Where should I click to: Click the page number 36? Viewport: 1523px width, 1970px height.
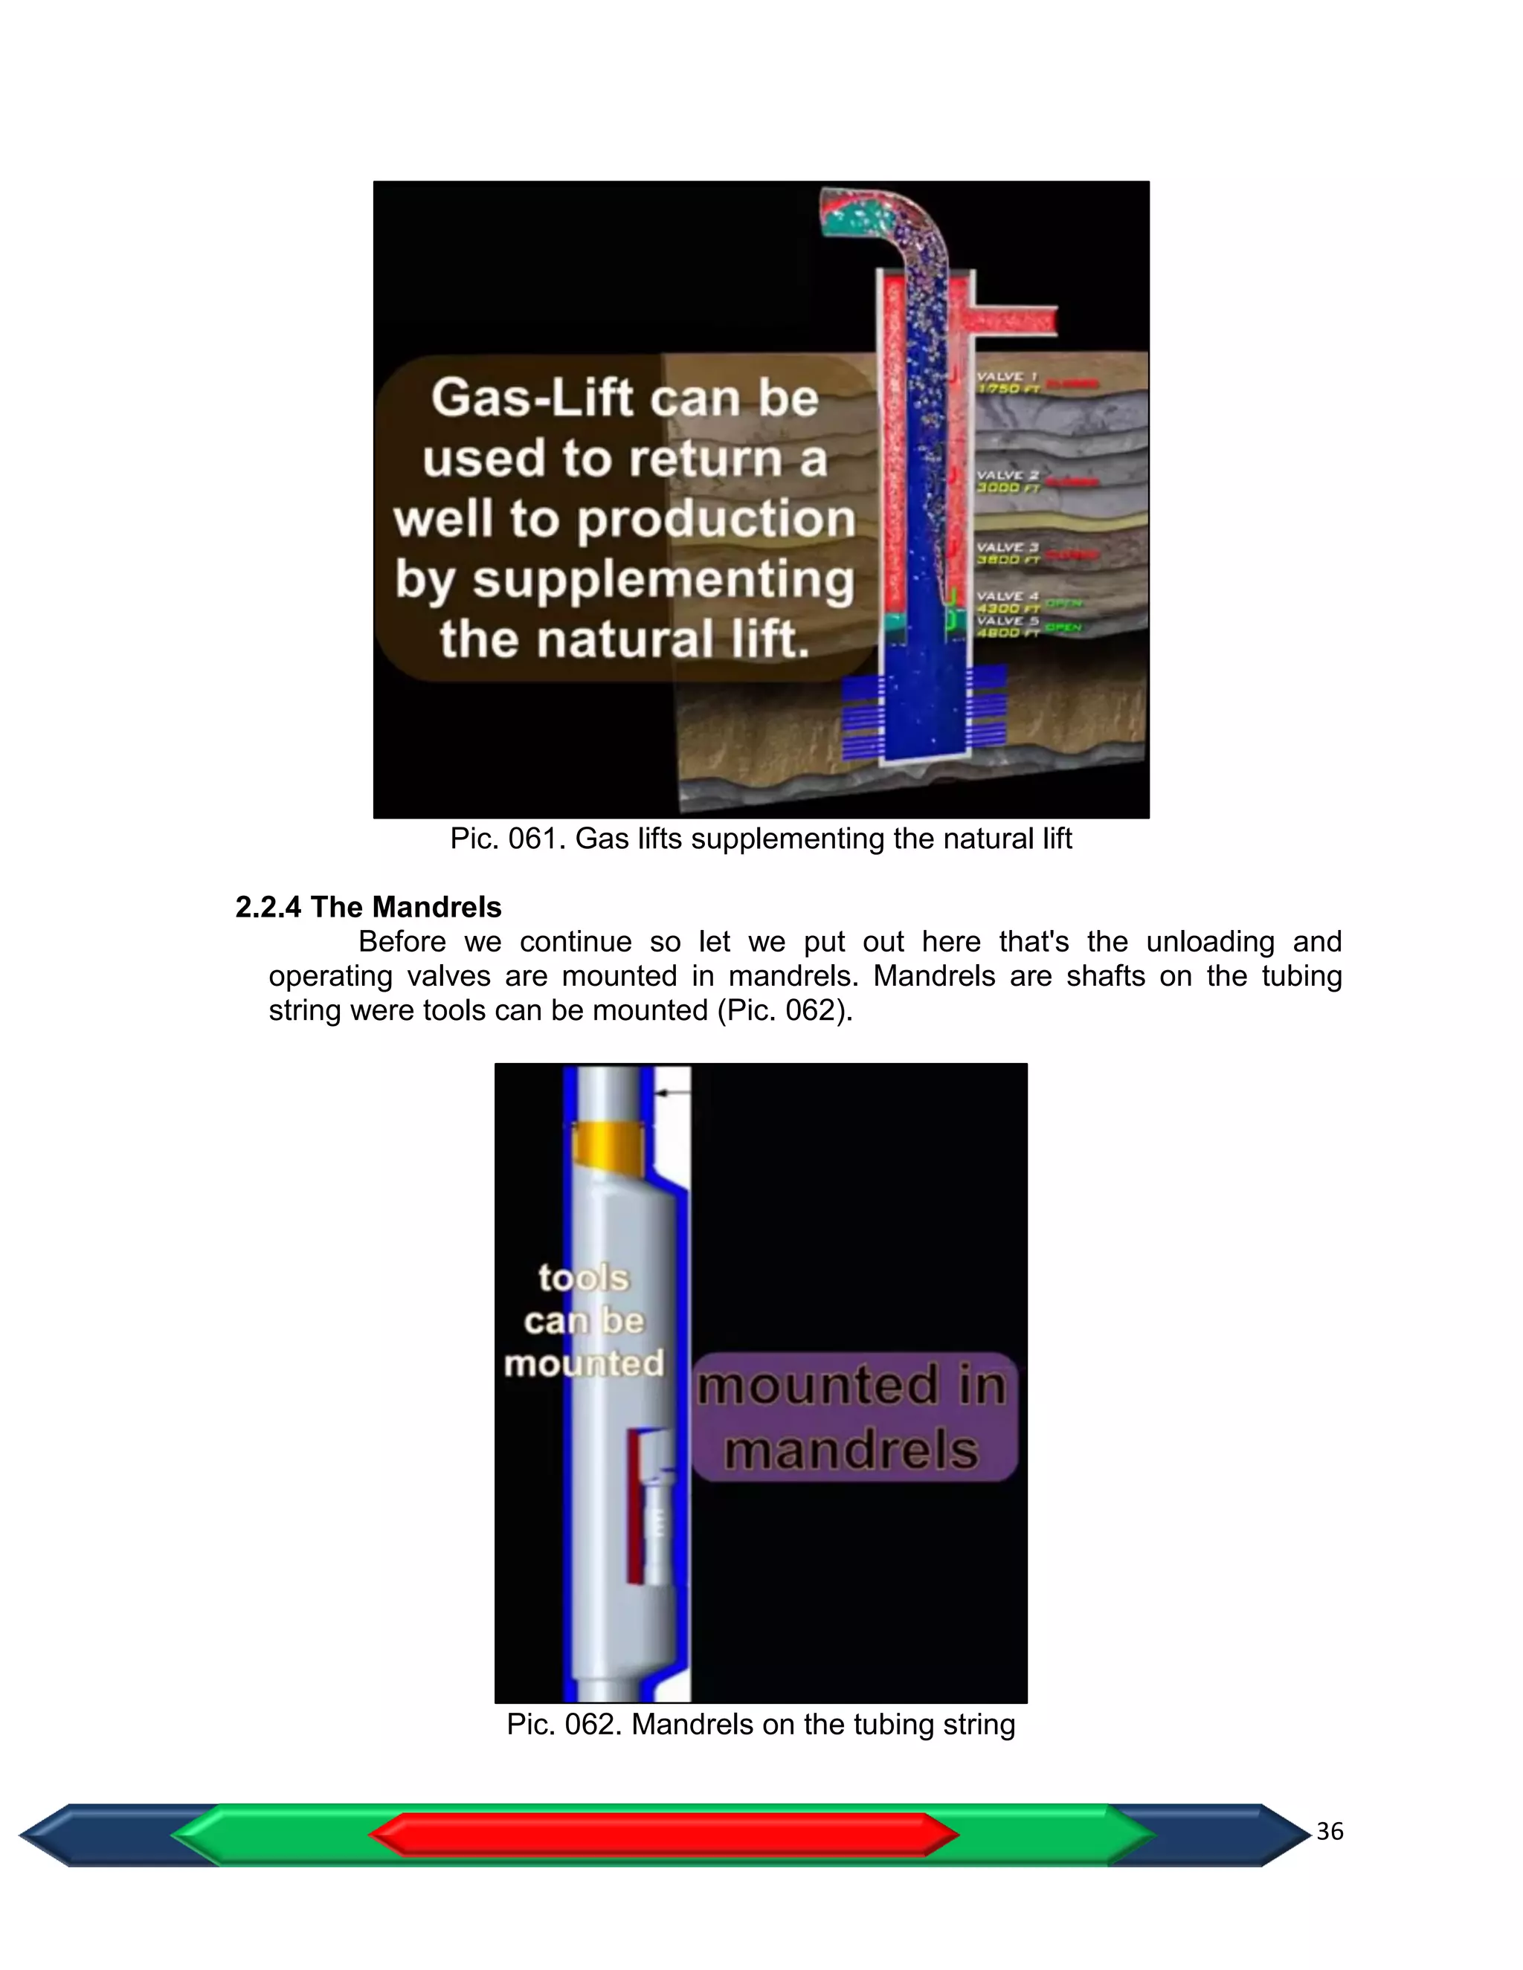[x=1329, y=1832]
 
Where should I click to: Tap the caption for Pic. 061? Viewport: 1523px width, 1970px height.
[x=761, y=839]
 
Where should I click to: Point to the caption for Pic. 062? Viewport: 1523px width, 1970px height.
[x=761, y=1725]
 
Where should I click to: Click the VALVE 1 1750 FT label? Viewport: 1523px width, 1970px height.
[x=1008, y=382]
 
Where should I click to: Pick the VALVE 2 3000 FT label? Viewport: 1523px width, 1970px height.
[x=1008, y=481]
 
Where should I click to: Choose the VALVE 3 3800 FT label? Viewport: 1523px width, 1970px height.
[x=1008, y=553]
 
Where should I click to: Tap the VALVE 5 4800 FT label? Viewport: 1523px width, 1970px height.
[x=1008, y=626]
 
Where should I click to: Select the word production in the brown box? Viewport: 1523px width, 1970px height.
[x=715, y=520]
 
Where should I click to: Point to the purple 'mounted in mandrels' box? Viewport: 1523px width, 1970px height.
[x=854, y=1416]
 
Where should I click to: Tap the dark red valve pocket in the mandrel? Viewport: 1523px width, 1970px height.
[x=635, y=1506]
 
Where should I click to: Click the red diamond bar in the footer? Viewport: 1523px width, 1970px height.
[x=663, y=1835]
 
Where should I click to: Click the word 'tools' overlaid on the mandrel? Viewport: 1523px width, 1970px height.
[x=583, y=1278]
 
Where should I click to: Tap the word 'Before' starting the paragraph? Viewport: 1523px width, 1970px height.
[x=402, y=942]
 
